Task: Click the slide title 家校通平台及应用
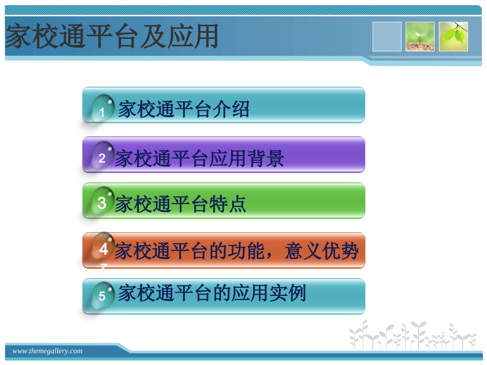pyautogui.click(x=112, y=37)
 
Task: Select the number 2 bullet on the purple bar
pyautogui.click(x=102, y=156)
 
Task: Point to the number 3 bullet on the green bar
pyautogui.click(x=102, y=203)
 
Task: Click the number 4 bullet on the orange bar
pyautogui.click(x=103, y=250)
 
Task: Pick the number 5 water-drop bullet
pyautogui.click(x=102, y=295)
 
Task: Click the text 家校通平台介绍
pyautogui.click(x=184, y=109)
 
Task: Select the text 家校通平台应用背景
pyautogui.click(x=199, y=159)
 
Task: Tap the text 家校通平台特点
pyautogui.click(x=180, y=204)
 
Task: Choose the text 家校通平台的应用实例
pyautogui.click(x=212, y=293)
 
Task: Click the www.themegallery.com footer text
pyautogui.click(x=47, y=351)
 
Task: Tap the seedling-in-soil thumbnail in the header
pyautogui.click(x=420, y=37)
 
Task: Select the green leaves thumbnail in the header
pyautogui.click(x=453, y=37)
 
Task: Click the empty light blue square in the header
pyautogui.click(x=387, y=37)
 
